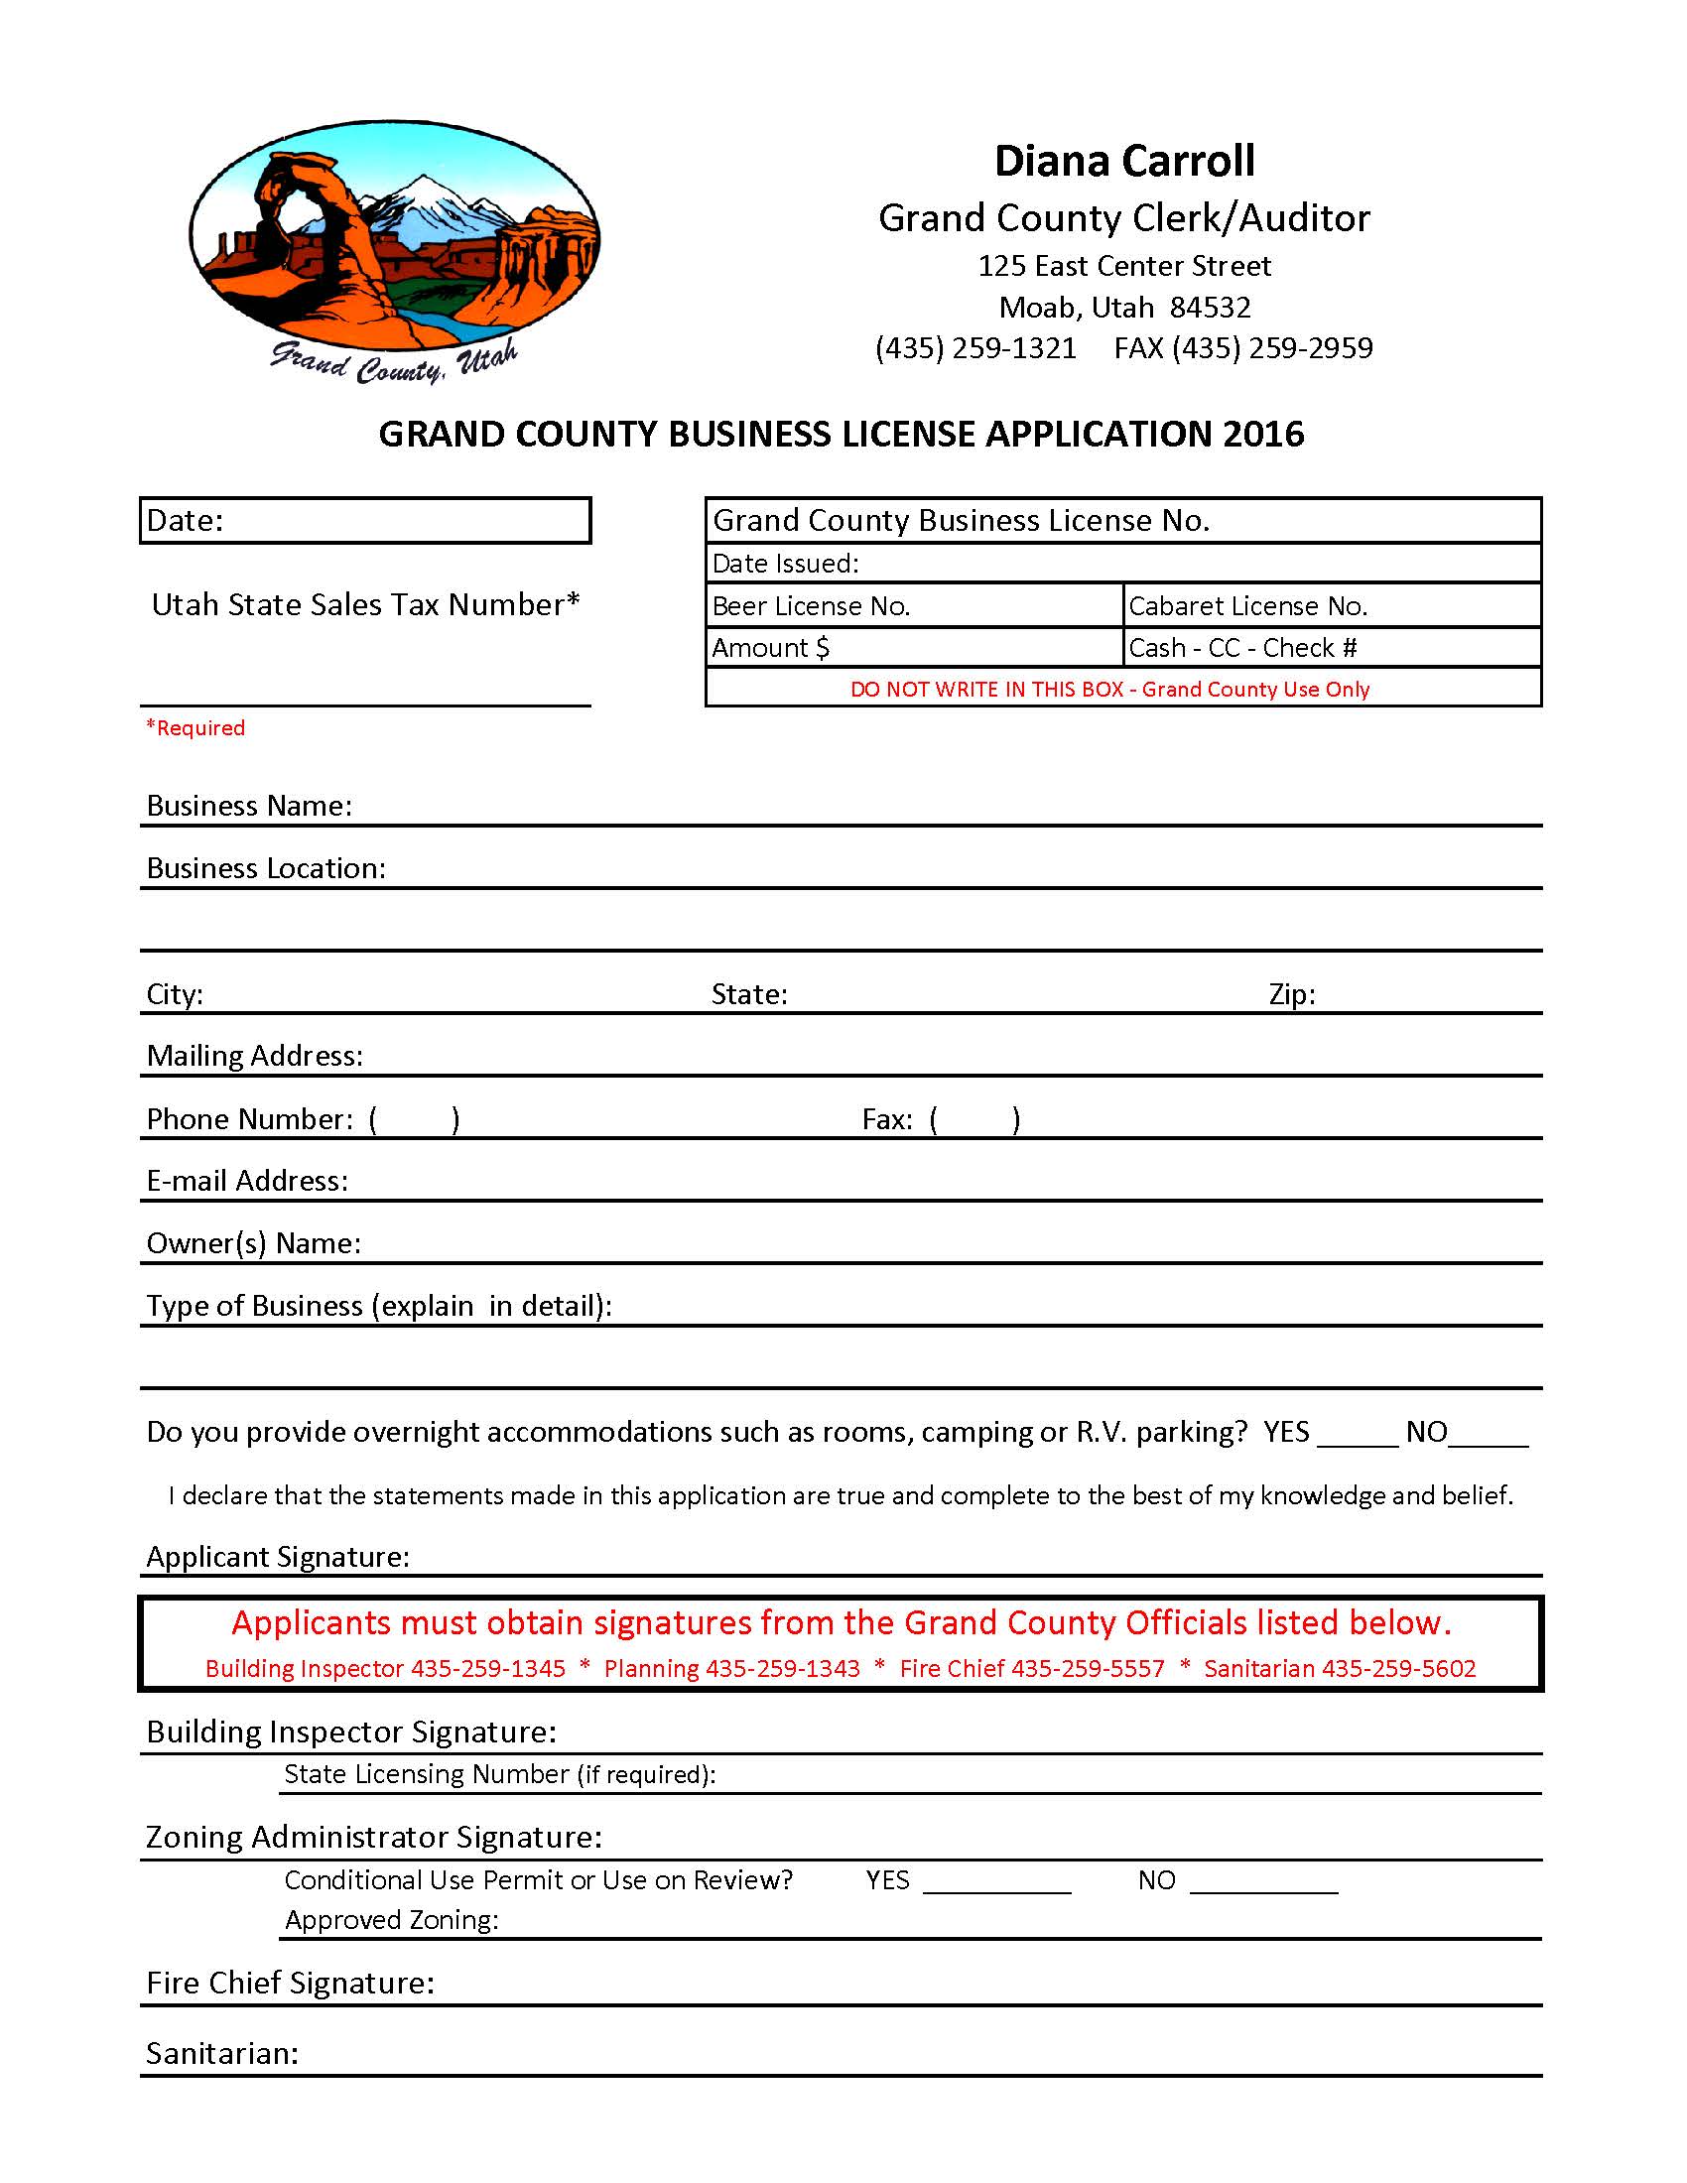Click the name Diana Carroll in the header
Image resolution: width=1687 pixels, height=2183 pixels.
1124,161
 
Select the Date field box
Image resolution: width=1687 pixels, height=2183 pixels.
366,521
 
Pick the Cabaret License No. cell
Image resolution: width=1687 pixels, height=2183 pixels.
1331,605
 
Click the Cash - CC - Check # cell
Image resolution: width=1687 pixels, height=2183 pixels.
1331,648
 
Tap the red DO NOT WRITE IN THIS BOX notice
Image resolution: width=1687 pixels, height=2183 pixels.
1109,689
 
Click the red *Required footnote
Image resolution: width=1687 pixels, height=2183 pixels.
195,727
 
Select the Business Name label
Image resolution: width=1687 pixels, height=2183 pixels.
249,806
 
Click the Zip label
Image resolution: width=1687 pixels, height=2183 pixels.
1291,994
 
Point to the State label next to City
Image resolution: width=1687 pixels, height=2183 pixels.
749,994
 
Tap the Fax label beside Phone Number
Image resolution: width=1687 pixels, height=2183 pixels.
886,1119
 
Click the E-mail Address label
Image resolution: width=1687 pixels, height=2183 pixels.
247,1182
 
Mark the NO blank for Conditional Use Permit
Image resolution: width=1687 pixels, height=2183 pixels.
1264,1883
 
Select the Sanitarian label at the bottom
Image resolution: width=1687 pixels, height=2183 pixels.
222,2053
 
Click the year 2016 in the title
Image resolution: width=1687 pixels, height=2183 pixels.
1263,434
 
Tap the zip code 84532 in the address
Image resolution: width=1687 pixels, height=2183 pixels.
1210,307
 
